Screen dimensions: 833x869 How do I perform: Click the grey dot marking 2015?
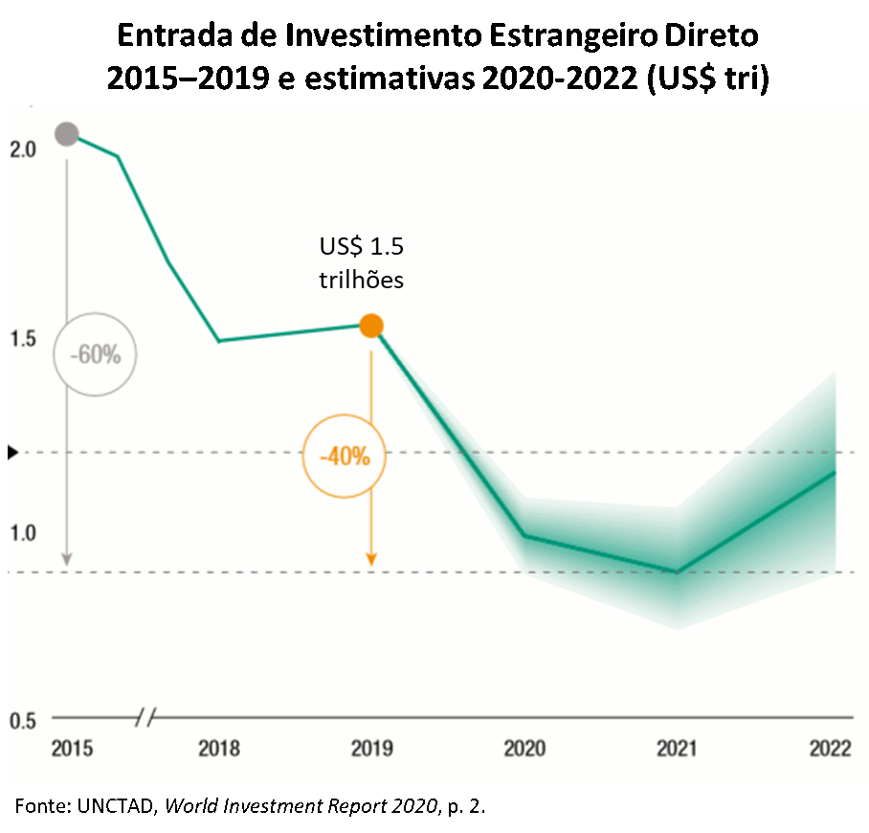66,134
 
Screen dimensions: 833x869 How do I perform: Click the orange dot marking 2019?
371,326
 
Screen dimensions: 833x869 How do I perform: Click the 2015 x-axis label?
73,749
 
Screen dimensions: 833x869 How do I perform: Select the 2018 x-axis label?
219,749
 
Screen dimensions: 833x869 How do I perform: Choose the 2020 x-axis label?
524,749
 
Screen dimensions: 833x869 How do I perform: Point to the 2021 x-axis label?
677,749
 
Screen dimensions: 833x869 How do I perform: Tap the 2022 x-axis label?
829,749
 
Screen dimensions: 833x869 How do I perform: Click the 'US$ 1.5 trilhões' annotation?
361,264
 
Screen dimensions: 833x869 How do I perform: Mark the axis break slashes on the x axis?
146,716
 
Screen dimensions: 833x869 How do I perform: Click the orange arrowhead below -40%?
371,559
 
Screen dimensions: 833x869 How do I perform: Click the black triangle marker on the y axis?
12,452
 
